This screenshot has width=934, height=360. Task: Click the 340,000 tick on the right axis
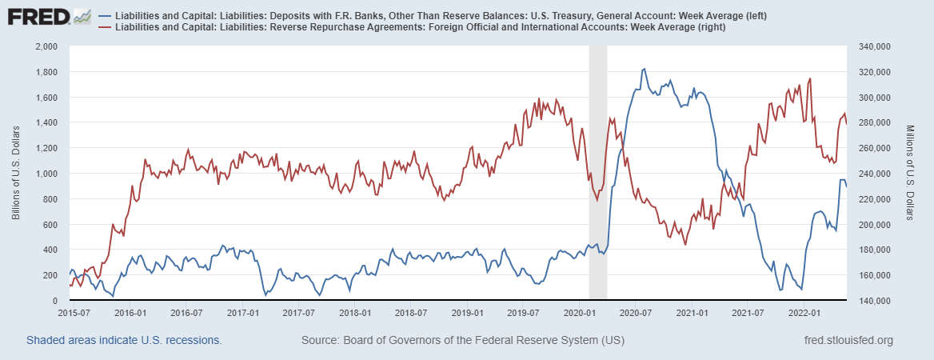point(875,46)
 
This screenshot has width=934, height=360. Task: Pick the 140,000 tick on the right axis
point(875,301)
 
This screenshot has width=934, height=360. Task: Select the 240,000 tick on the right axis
point(875,174)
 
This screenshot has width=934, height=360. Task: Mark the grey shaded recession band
point(598,174)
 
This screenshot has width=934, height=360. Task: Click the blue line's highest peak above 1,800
point(645,70)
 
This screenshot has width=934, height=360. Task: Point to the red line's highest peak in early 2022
point(810,78)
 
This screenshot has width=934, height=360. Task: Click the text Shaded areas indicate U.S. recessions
point(124,341)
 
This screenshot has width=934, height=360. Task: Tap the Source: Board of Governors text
point(462,341)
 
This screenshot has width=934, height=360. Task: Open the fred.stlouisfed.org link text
point(847,341)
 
